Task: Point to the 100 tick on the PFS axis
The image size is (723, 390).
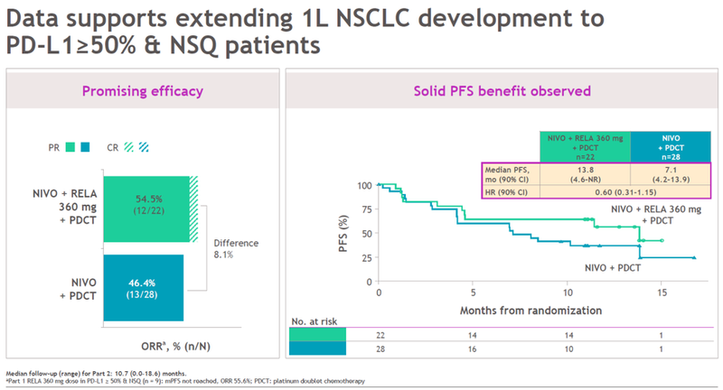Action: pyautogui.click(x=364, y=186)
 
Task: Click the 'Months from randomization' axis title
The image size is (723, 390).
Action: pyautogui.click(x=520, y=310)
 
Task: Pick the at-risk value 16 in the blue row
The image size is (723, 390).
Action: pyautogui.click(x=473, y=349)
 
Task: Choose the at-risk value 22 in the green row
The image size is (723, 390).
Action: pyautogui.click(x=379, y=334)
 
